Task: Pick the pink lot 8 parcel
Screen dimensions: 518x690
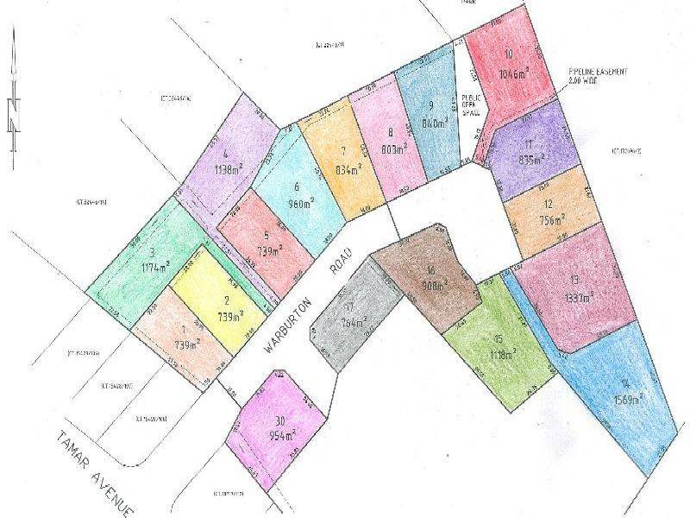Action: (x=390, y=142)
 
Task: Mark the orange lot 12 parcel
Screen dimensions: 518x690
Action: (x=548, y=212)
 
